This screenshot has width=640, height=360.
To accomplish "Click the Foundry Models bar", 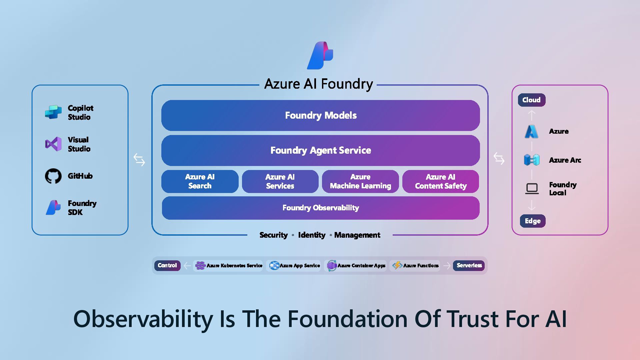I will [x=320, y=115].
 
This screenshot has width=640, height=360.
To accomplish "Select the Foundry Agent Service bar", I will [x=320, y=150].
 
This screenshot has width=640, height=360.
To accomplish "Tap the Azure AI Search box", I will [x=200, y=181].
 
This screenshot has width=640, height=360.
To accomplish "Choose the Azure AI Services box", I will [x=280, y=181].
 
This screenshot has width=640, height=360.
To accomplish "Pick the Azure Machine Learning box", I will [x=360, y=181].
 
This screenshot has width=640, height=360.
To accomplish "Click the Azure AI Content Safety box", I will [x=441, y=181].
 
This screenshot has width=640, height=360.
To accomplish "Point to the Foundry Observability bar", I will [x=320, y=208].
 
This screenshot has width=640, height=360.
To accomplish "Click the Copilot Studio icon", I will [x=53, y=112].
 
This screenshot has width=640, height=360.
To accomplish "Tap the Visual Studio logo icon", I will [x=53, y=144].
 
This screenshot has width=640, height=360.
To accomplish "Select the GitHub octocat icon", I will [x=53, y=176].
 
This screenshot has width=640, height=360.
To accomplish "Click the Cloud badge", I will [x=531, y=100].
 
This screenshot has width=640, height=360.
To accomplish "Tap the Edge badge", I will [x=533, y=221].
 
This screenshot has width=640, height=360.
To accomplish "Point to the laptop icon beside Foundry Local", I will [x=532, y=189].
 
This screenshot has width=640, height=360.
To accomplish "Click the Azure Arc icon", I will [x=532, y=160].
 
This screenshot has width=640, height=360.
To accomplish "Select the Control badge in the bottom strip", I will [x=167, y=265].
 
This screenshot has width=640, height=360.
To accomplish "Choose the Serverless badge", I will [x=469, y=265].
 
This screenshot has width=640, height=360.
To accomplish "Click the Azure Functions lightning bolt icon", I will [x=397, y=265].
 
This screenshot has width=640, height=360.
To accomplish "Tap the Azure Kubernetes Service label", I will [x=234, y=266].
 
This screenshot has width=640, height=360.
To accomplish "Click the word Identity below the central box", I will [x=312, y=235].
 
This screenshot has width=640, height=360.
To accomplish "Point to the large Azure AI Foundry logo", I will [x=320, y=55].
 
